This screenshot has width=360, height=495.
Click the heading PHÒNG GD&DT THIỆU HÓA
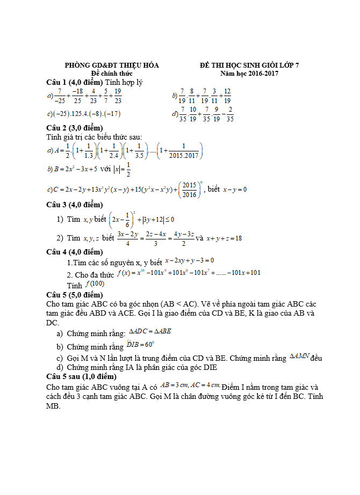(x=112, y=65)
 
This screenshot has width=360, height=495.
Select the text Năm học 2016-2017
(x=249, y=73)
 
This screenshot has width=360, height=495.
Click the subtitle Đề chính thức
(x=112, y=73)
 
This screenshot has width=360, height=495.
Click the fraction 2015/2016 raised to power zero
(x=189, y=189)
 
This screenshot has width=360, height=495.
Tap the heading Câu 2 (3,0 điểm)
(x=74, y=128)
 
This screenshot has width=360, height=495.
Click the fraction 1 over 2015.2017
(x=184, y=151)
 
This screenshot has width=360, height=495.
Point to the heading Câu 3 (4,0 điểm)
(x=74, y=205)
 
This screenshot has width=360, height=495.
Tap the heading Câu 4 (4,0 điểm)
(x=74, y=252)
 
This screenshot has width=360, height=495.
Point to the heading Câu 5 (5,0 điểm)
(x=74, y=295)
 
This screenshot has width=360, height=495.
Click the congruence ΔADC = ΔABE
(x=150, y=331)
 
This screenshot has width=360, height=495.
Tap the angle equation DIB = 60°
(x=141, y=345)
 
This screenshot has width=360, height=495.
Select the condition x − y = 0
(x=235, y=190)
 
